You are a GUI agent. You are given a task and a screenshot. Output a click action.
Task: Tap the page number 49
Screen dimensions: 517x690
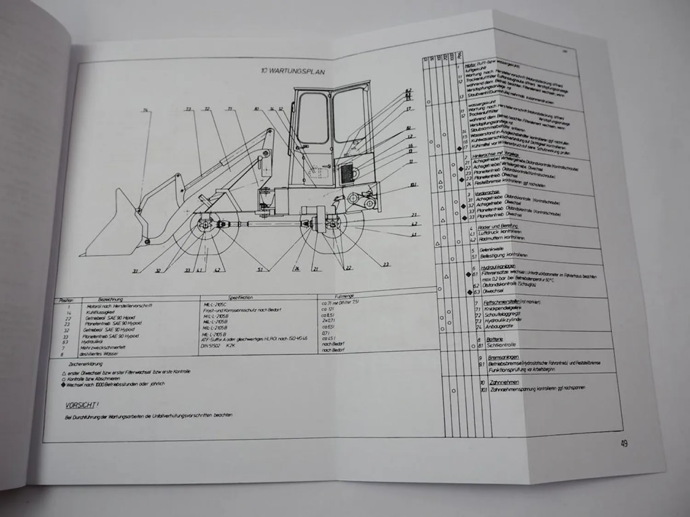click(624, 444)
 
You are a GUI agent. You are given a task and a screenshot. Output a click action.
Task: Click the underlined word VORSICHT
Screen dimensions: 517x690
click(80, 406)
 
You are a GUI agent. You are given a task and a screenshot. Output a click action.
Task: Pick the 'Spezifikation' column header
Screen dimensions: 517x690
click(241, 297)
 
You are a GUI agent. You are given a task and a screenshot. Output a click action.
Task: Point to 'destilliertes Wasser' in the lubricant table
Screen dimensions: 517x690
click(104, 354)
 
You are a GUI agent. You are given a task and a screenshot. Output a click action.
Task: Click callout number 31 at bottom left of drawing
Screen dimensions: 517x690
click(135, 271)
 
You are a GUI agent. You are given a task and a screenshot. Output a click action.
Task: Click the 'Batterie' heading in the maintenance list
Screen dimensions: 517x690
click(494, 339)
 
